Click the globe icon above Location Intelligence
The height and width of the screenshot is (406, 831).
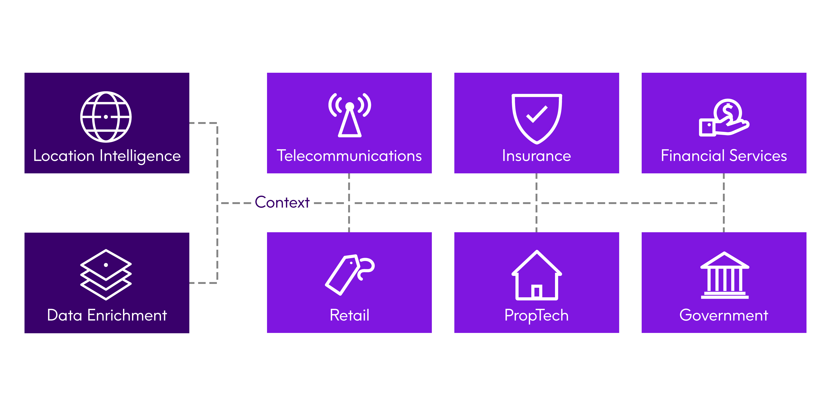pyautogui.click(x=106, y=117)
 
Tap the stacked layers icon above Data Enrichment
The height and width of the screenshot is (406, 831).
pyautogui.click(x=106, y=274)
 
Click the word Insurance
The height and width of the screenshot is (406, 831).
pyautogui.click(x=536, y=156)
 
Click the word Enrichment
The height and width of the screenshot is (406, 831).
pyautogui.click(x=127, y=315)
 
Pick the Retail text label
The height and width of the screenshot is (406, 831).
pyautogui.click(x=349, y=315)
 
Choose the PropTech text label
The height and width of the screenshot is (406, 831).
pyautogui.click(x=536, y=315)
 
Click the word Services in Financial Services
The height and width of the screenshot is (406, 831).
pyautogui.click(x=758, y=156)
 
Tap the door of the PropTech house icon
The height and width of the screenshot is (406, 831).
pyautogui.click(x=537, y=291)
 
